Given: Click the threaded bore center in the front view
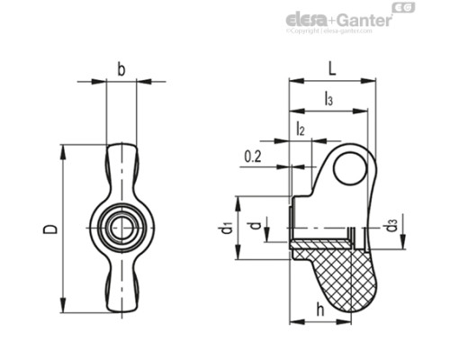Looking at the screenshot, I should pos(121,228).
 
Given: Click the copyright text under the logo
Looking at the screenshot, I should pos(328,31).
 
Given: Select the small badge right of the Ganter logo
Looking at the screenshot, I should pos(405,11).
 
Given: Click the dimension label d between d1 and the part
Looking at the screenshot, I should pos(261,225).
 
